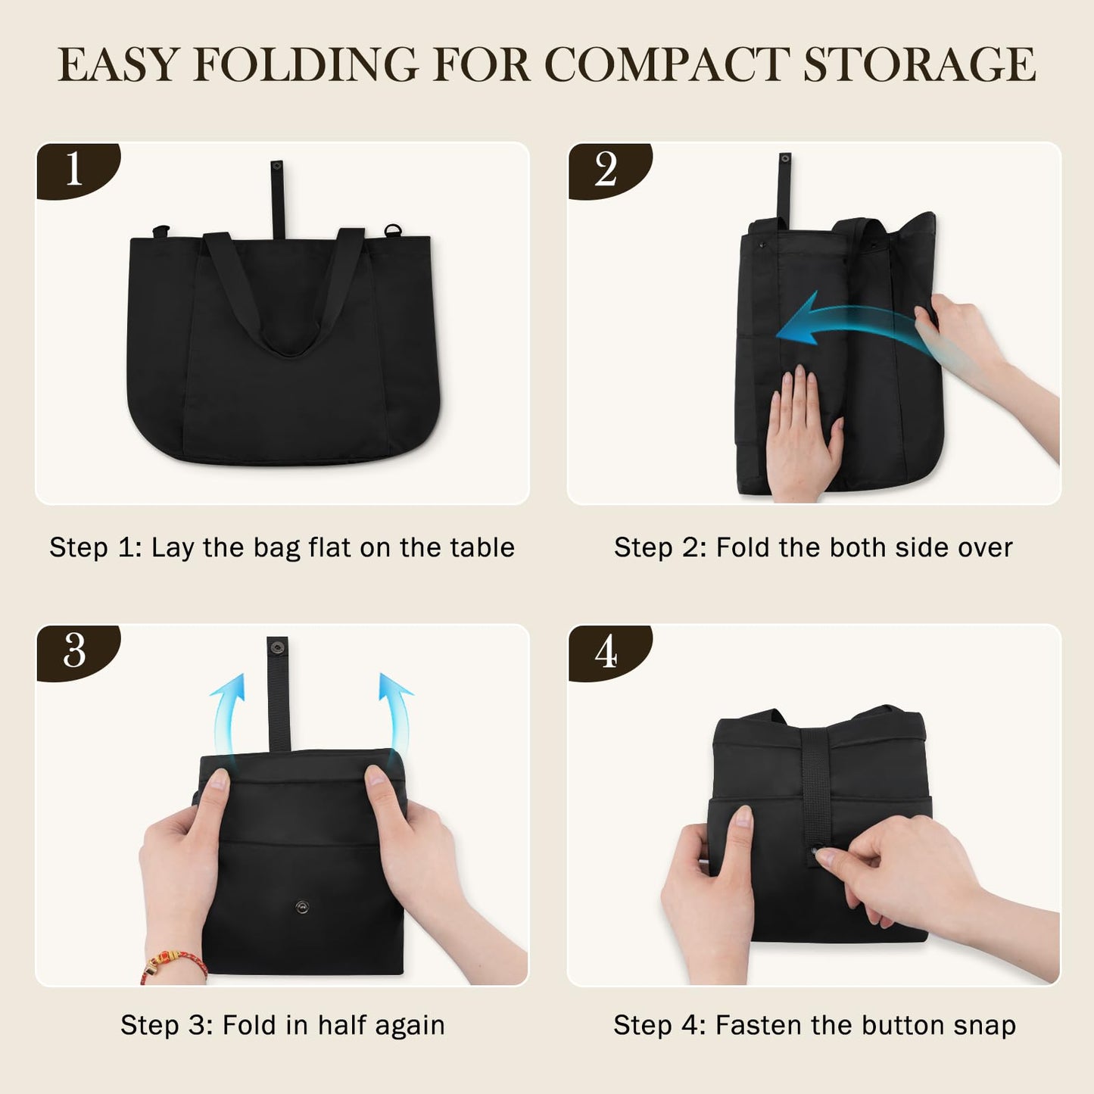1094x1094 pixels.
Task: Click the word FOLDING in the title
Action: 306,64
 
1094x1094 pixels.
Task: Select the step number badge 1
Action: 74,169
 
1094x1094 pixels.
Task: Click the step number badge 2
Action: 606,169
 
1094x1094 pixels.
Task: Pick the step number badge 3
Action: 74,651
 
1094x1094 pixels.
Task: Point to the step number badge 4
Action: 606,651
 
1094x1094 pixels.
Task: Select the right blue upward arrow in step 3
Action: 396,712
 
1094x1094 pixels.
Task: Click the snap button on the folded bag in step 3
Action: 302,906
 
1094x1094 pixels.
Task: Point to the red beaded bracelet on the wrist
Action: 174,965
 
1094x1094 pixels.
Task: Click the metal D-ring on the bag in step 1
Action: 392,230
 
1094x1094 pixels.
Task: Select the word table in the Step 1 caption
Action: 482,547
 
